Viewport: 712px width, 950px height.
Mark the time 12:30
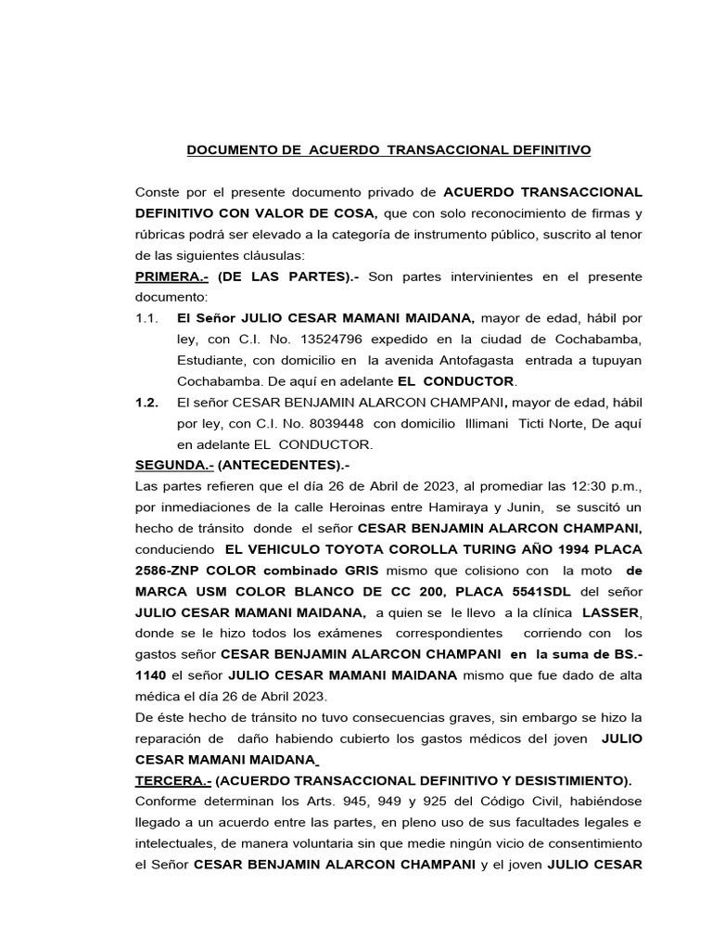click(512, 486)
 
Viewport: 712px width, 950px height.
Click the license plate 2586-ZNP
click(173, 571)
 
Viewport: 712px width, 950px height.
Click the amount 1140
click(151, 675)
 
